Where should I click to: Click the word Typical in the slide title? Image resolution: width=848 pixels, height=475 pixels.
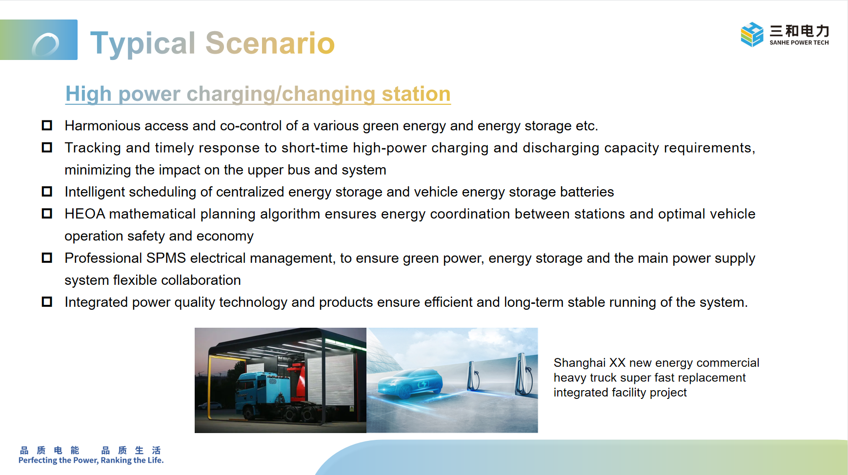pos(143,43)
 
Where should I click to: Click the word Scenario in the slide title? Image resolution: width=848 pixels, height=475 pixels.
pos(270,43)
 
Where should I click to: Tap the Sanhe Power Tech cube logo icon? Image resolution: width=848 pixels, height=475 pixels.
pos(752,34)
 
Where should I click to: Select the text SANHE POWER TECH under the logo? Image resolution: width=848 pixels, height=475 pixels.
pos(799,42)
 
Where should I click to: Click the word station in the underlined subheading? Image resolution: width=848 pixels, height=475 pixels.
pos(416,94)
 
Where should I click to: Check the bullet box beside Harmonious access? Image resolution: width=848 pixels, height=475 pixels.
pos(47,125)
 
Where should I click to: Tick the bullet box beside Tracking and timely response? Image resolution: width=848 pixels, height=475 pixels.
pos(47,147)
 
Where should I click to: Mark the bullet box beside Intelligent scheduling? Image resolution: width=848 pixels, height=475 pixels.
pos(47,192)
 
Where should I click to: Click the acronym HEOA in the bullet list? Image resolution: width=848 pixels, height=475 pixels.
pos(85,214)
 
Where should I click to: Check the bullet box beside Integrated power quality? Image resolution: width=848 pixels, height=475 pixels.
pos(47,302)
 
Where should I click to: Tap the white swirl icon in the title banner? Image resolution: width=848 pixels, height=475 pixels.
pos(45,45)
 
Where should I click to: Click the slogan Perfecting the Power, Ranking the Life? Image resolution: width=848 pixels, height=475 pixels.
pos(91,460)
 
